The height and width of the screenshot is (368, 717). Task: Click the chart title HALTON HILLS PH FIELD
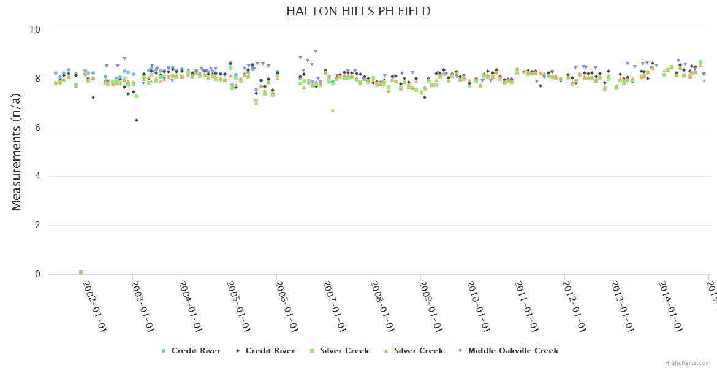click(358, 11)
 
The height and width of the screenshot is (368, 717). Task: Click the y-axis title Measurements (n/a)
click(17, 151)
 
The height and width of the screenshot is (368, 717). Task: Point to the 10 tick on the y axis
click(34, 29)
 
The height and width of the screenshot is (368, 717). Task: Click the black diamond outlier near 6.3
click(137, 120)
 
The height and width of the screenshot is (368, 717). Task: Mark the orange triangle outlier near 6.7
click(333, 110)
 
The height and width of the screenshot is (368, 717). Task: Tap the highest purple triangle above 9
click(316, 52)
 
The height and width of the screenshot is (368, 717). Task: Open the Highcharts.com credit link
click(688, 363)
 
